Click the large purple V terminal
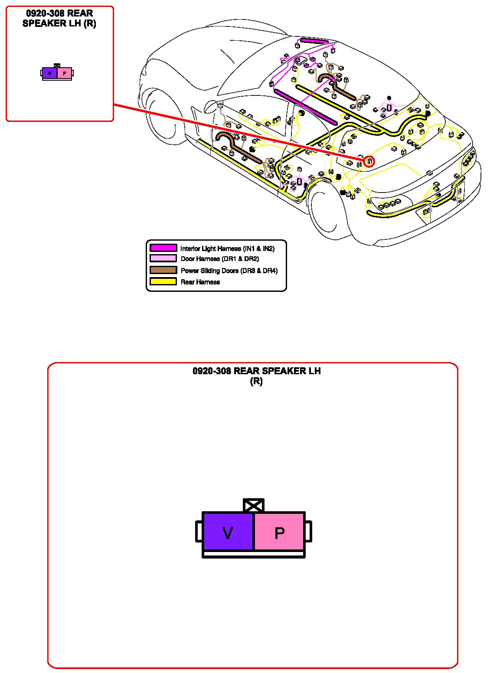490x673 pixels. [x=228, y=532]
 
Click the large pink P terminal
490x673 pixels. [x=279, y=532]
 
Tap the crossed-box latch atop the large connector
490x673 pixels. [x=254, y=506]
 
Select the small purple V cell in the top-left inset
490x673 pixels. [x=50, y=73]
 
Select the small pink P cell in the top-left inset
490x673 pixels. [x=64, y=73]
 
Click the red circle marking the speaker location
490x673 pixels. [x=369, y=161]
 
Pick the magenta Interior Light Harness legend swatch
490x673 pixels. [x=163, y=248]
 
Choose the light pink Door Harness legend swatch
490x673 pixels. [x=163, y=258]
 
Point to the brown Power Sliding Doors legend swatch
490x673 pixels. [x=163, y=270]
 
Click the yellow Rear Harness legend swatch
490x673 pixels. [x=163, y=281]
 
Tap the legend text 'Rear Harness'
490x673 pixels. [x=200, y=282]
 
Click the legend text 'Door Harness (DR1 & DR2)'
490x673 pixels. [x=220, y=259]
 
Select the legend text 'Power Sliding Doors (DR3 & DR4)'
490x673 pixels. [x=229, y=271]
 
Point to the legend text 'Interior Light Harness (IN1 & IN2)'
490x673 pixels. [x=227, y=248]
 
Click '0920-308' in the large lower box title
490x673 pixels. [x=212, y=371]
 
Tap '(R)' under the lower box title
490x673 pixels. [x=256, y=382]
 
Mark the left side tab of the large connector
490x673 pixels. [x=199, y=532]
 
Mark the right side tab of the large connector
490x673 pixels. [x=308, y=532]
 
